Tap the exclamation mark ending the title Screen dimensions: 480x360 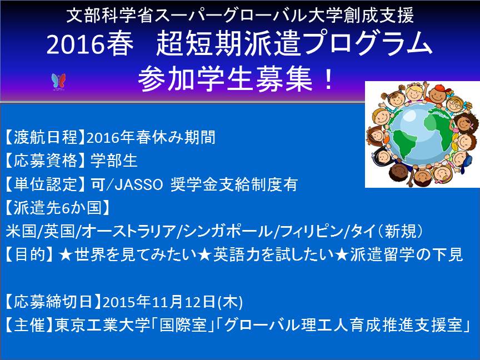pos(329,79)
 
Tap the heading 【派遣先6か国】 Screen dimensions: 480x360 pos(57,208)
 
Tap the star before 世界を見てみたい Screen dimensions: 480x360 pos(65,254)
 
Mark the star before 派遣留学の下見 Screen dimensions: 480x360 pos(343,254)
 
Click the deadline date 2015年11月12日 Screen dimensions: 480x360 pos(159,302)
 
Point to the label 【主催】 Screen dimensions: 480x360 pos(29,325)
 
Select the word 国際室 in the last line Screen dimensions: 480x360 pos(183,325)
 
